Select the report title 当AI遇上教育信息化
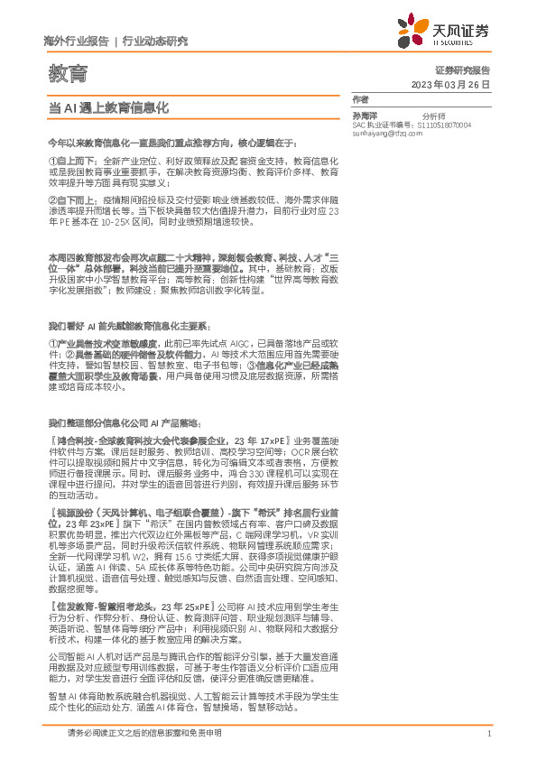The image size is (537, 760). click(108, 107)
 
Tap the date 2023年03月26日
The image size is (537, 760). click(449, 84)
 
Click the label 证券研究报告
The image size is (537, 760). click(460, 70)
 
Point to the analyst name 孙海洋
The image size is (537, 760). click(366, 116)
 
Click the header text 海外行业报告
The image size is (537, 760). click(76, 42)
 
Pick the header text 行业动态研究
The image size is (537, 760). click(155, 42)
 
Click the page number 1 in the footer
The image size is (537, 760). click(488, 734)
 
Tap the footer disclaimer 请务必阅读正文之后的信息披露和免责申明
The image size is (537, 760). click(144, 734)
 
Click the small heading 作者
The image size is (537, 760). click(360, 98)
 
